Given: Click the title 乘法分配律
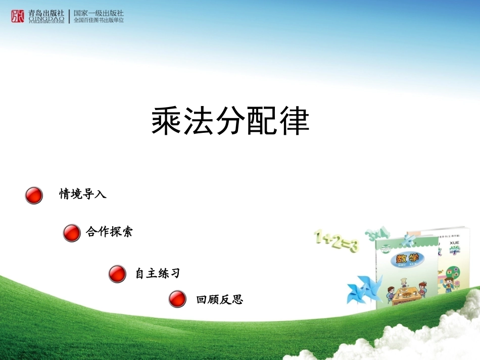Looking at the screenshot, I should (x=230, y=121).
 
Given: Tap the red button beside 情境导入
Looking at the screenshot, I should (x=34, y=195).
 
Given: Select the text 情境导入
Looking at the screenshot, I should (x=83, y=194).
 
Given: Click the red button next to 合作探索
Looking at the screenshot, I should (x=72, y=233).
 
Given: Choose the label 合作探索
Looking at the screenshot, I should (x=110, y=232).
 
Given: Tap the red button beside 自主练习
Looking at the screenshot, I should (x=117, y=274).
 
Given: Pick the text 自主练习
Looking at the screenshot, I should (x=158, y=274).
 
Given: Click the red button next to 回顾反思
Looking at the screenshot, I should (x=177, y=299).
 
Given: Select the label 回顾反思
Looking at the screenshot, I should (x=220, y=299).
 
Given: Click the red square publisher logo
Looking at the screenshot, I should (x=18, y=17).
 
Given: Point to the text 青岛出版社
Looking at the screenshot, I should (x=46, y=13).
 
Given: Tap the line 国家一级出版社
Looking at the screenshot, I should (x=99, y=13).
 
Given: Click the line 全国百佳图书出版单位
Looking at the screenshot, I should (x=99, y=21).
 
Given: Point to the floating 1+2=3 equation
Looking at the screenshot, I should (x=336, y=240).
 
